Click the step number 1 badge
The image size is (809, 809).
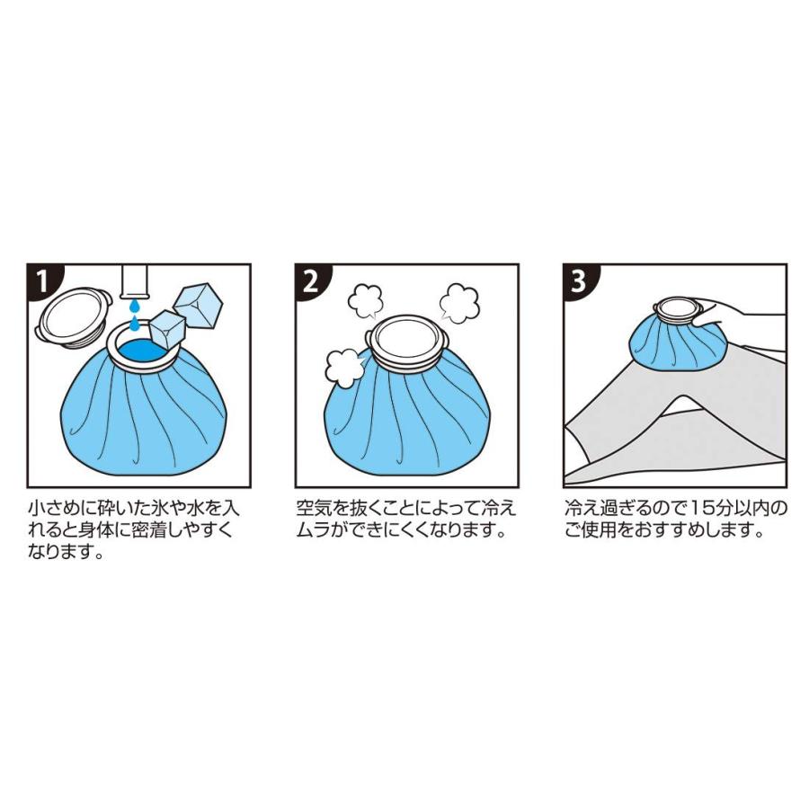coord(42,280)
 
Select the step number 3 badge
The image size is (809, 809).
coord(579,280)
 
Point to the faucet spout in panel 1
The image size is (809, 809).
coord(135,281)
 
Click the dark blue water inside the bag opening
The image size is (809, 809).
coord(143,351)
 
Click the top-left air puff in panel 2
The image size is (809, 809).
coord(367,301)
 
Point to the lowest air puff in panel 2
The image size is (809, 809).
coord(343,368)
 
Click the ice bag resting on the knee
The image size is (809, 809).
coord(676,341)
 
